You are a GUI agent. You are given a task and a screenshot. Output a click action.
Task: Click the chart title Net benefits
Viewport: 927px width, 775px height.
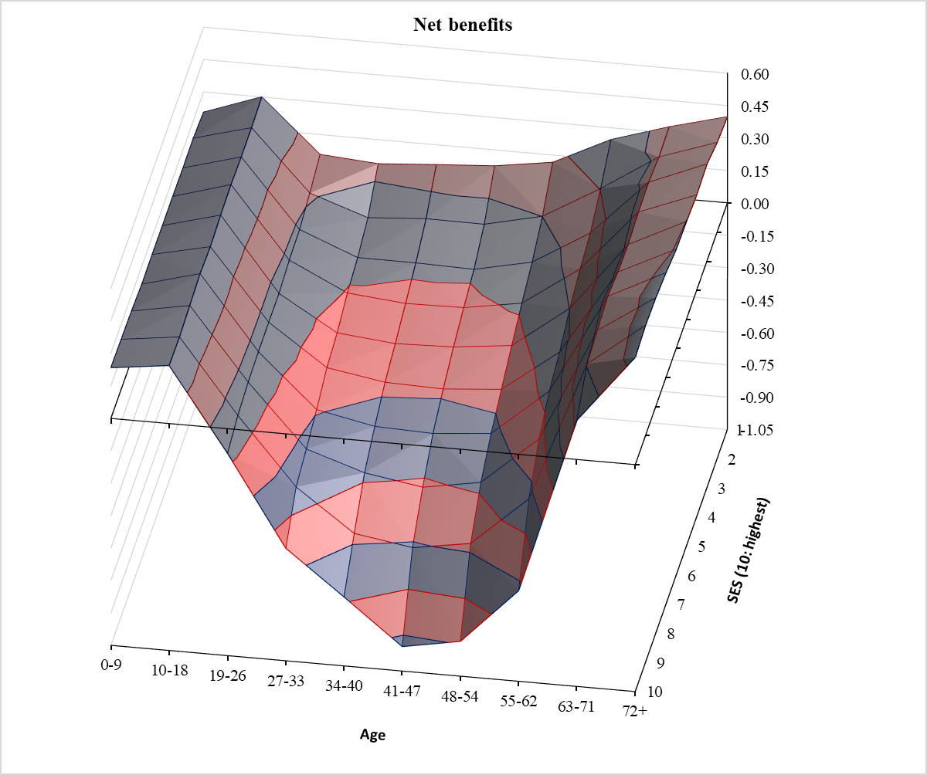pos(463,25)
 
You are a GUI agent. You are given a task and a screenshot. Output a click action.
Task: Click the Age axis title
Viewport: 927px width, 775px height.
pos(372,734)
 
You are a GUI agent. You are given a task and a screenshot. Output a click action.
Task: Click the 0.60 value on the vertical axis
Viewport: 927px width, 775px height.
pos(754,74)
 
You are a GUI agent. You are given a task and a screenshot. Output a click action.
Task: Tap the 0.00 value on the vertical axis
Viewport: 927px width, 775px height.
pos(754,204)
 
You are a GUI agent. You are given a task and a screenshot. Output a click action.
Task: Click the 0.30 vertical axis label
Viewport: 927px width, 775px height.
pos(754,139)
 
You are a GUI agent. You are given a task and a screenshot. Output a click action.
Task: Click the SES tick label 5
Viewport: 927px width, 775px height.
pos(701,547)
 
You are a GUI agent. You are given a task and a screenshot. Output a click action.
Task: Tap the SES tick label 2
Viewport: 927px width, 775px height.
pos(731,460)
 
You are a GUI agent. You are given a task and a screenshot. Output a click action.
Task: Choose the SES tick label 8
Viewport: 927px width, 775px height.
pos(673,634)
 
